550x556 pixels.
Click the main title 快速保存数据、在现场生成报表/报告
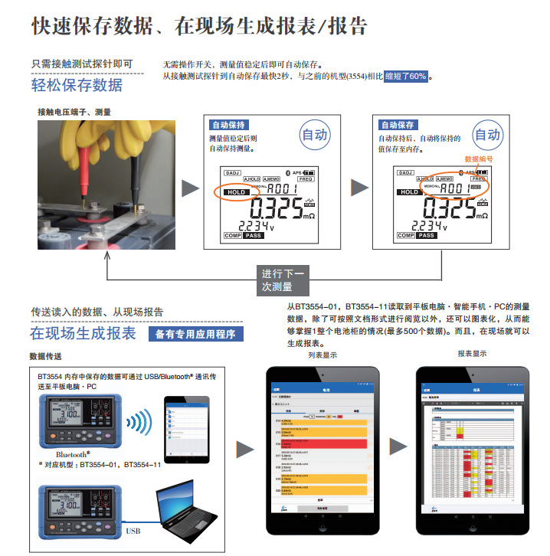[x=199, y=25]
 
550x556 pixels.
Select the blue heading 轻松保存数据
[x=77, y=84]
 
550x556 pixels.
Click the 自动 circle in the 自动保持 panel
[x=315, y=136]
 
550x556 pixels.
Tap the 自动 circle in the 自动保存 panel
[x=486, y=136]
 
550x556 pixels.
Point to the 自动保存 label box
[x=398, y=125]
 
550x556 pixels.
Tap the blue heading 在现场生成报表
[x=83, y=333]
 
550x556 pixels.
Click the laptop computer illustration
[x=188, y=506]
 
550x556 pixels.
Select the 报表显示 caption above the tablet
[x=472, y=354]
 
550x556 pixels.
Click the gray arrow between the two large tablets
[x=398, y=448]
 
